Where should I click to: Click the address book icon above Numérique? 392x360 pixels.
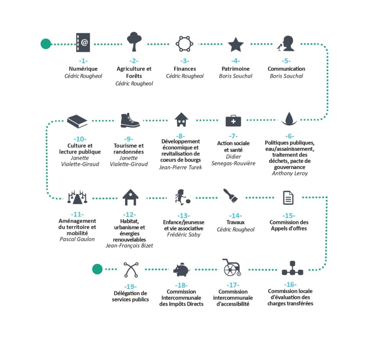click(x=83, y=43)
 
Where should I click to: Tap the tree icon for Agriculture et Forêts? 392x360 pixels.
click(x=134, y=41)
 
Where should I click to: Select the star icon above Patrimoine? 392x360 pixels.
click(x=236, y=44)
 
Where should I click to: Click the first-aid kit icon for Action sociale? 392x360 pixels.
click(x=233, y=121)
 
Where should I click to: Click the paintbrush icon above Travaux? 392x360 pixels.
click(x=230, y=196)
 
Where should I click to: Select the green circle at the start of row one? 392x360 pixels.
click(x=46, y=44)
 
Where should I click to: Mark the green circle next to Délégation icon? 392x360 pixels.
click(x=97, y=269)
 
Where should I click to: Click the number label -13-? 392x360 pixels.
click(x=183, y=216)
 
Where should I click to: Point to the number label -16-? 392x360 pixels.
click(x=290, y=285)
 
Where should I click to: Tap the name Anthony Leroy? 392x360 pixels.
click(x=290, y=173)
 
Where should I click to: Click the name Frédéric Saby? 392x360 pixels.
click(x=183, y=235)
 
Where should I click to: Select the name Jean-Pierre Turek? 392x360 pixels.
click(x=181, y=167)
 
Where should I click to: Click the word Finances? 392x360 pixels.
click(x=185, y=69)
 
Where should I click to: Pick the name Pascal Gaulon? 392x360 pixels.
click(x=77, y=239)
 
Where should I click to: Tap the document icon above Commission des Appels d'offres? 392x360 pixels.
click(x=288, y=198)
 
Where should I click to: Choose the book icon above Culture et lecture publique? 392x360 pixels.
click(x=77, y=121)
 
